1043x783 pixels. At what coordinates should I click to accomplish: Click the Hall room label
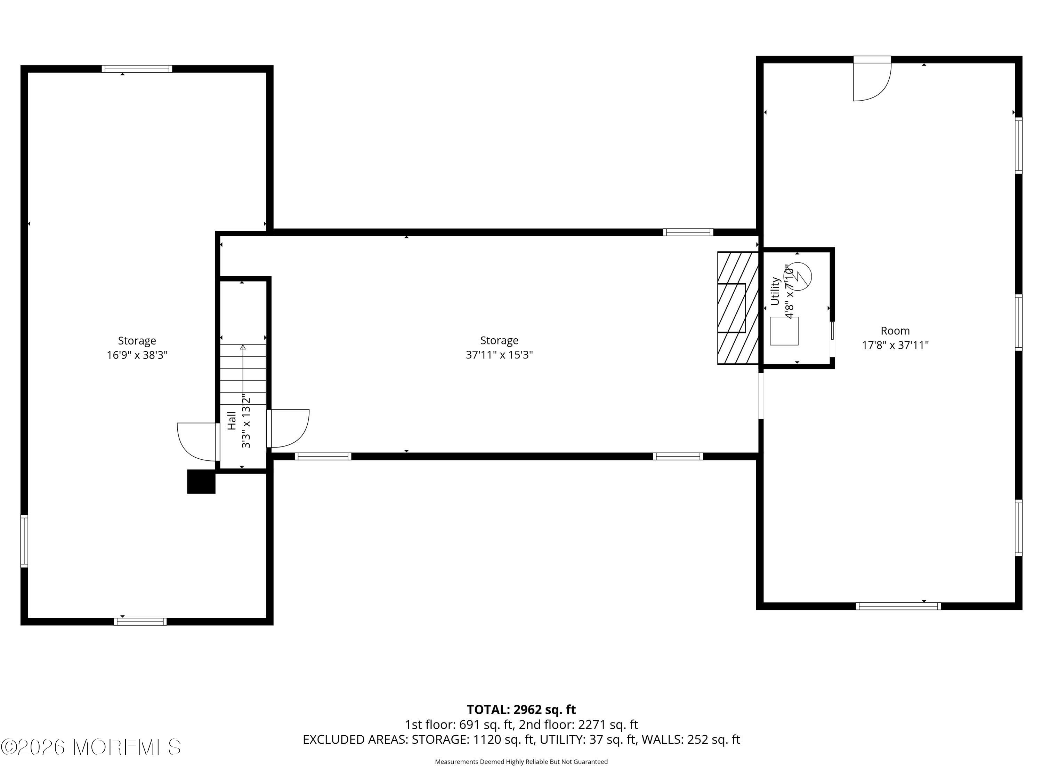coord(232,420)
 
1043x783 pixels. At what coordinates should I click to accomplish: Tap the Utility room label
coord(775,291)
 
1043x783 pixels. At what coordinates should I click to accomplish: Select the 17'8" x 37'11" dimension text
coord(895,345)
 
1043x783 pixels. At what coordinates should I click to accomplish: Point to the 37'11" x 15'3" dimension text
coord(499,355)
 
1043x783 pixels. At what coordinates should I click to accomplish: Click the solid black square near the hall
coord(201,481)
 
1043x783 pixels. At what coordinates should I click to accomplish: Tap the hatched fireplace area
coord(738,308)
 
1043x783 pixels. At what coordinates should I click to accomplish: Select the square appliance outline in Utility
coord(784,331)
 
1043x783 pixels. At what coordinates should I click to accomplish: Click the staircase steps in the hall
coord(243,374)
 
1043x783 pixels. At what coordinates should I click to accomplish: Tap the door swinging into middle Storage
coord(288,428)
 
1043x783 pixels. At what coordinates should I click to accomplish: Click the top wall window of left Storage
coord(137,69)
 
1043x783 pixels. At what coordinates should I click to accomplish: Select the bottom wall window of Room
coord(898,606)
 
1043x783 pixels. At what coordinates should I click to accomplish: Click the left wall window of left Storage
coord(24,541)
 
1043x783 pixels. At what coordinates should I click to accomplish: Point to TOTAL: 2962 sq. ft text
coord(521,709)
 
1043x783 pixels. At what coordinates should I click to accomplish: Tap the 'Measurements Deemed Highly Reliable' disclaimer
coord(521,761)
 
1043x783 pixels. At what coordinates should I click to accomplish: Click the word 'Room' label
coord(895,331)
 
